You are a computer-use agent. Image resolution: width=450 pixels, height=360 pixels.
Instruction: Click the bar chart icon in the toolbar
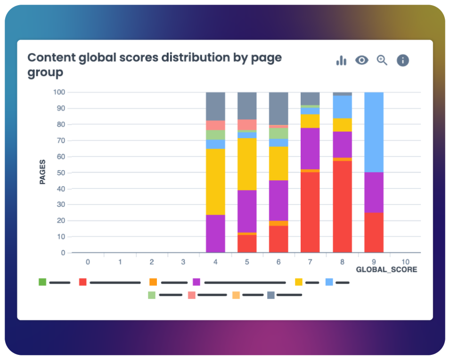(x=341, y=60)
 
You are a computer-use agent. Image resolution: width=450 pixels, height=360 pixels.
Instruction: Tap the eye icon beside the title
(x=361, y=60)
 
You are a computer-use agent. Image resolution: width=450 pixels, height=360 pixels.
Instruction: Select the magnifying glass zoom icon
(x=382, y=60)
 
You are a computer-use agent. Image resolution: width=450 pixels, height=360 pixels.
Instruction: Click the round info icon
(x=402, y=60)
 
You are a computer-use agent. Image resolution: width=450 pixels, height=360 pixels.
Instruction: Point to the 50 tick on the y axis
(x=60, y=172)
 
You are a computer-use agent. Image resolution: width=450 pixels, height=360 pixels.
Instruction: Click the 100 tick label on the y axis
(x=58, y=92)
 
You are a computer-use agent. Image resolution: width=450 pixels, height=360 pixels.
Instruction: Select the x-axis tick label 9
(x=374, y=261)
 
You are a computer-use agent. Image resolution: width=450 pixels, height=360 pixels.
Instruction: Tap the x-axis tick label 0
(x=88, y=261)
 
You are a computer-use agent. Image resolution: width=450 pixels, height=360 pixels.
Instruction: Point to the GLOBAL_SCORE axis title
(x=386, y=270)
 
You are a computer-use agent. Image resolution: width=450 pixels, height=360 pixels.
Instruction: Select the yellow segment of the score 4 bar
(x=215, y=182)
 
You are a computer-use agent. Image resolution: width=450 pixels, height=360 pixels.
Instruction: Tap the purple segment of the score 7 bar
(x=310, y=148)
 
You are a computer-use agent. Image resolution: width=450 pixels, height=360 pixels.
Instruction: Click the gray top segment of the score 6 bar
(x=278, y=108)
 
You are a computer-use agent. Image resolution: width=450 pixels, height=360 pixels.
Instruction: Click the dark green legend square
(x=42, y=282)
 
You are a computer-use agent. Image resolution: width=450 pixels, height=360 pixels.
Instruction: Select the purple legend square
(x=196, y=282)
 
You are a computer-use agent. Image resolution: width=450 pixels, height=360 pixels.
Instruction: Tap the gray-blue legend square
(x=271, y=295)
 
